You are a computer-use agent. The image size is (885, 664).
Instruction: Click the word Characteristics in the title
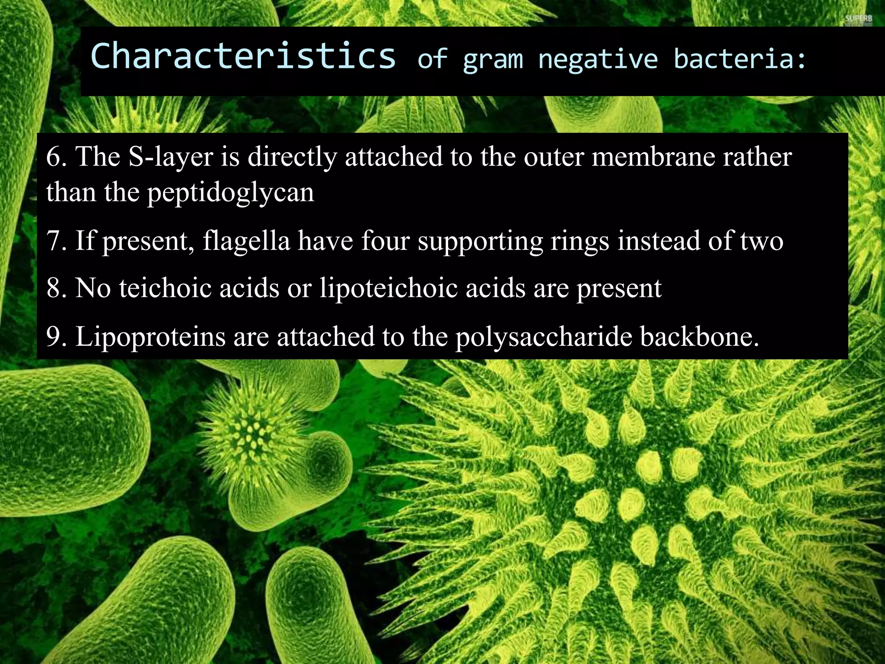pyautogui.click(x=243, y=56)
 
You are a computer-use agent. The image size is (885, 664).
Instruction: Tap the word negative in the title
pyautogui.click(x=598, y=60)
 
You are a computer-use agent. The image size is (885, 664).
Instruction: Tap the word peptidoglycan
pyautogui.click(x=231, y=193)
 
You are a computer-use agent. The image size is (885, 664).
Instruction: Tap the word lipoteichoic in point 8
pyautogui.click(x=388, y=288)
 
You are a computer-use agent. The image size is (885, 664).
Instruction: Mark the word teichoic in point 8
pyautogui.click(x=166, y=288)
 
